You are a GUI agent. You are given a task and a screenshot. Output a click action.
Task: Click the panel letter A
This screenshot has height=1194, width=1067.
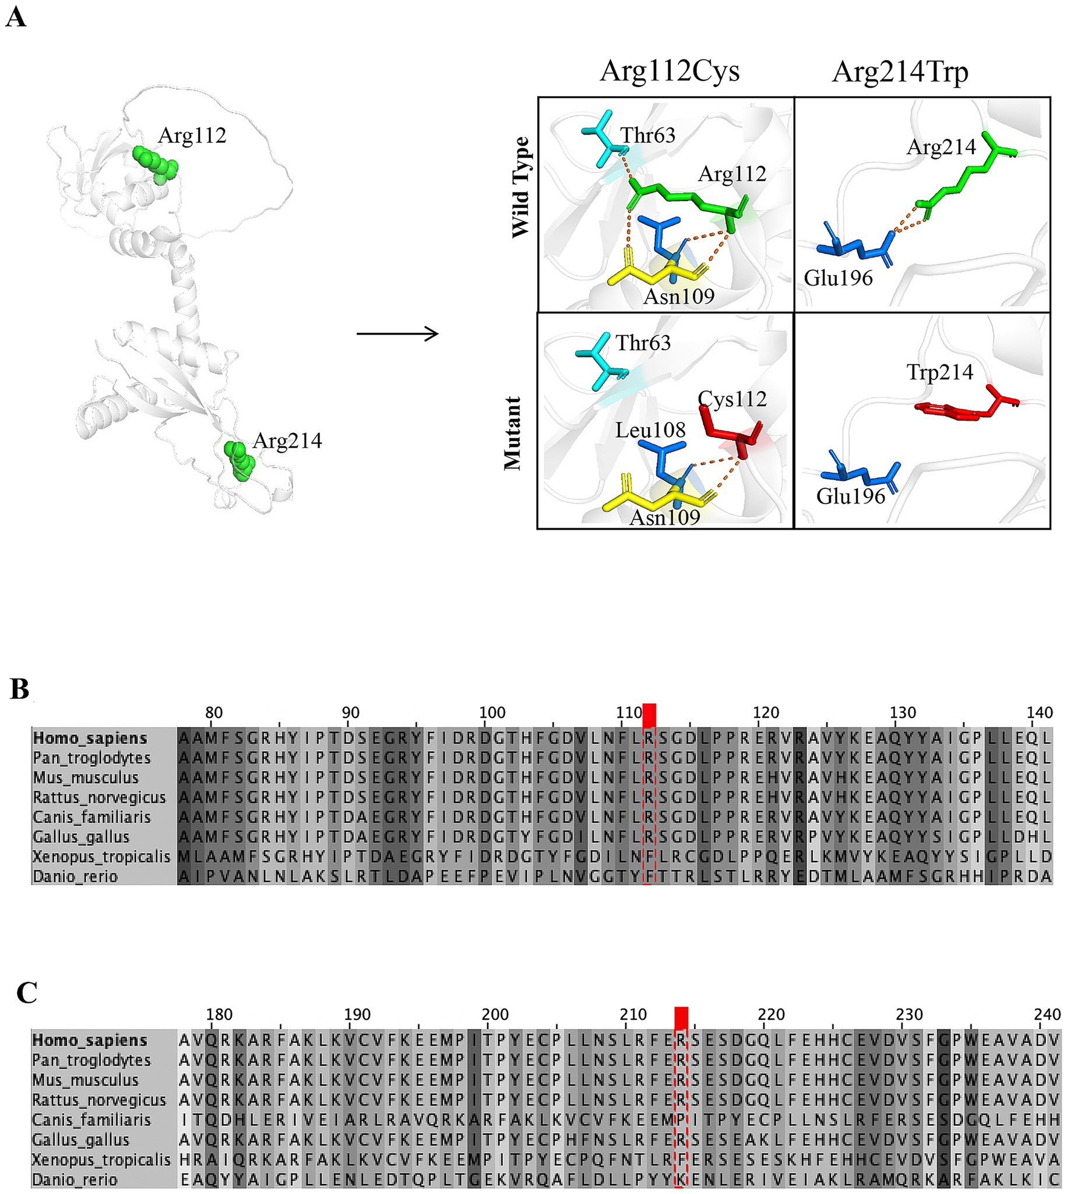(x=16, y=17)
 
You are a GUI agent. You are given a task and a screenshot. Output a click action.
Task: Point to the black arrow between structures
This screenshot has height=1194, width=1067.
(x=397, y=334)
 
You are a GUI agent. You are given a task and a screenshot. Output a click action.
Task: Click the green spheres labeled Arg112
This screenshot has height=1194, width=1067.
(x=156, y=164)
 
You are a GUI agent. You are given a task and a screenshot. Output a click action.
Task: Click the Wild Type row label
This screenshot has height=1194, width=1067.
(x=520, y=188)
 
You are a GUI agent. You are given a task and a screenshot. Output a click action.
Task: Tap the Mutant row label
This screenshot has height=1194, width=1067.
(x=513, y=433)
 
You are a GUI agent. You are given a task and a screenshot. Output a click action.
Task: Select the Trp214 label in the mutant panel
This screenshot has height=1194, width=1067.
(x=940, y=372)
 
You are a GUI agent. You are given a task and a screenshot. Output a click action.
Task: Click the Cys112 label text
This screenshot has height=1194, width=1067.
(x=733, y=399)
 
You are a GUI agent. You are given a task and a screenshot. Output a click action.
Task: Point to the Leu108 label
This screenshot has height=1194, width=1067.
(x=650, y=430)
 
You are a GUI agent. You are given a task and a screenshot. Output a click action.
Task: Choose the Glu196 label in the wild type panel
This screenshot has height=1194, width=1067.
(x=838, y=278)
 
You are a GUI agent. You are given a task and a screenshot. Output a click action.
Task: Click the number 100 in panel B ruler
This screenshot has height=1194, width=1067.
(x=492, y=713)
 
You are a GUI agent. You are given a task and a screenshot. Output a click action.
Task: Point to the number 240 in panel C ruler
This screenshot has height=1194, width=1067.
(x=1047, y=1015)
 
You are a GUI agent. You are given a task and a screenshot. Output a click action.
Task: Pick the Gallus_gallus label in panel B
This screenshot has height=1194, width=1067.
(x=81, y=837)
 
